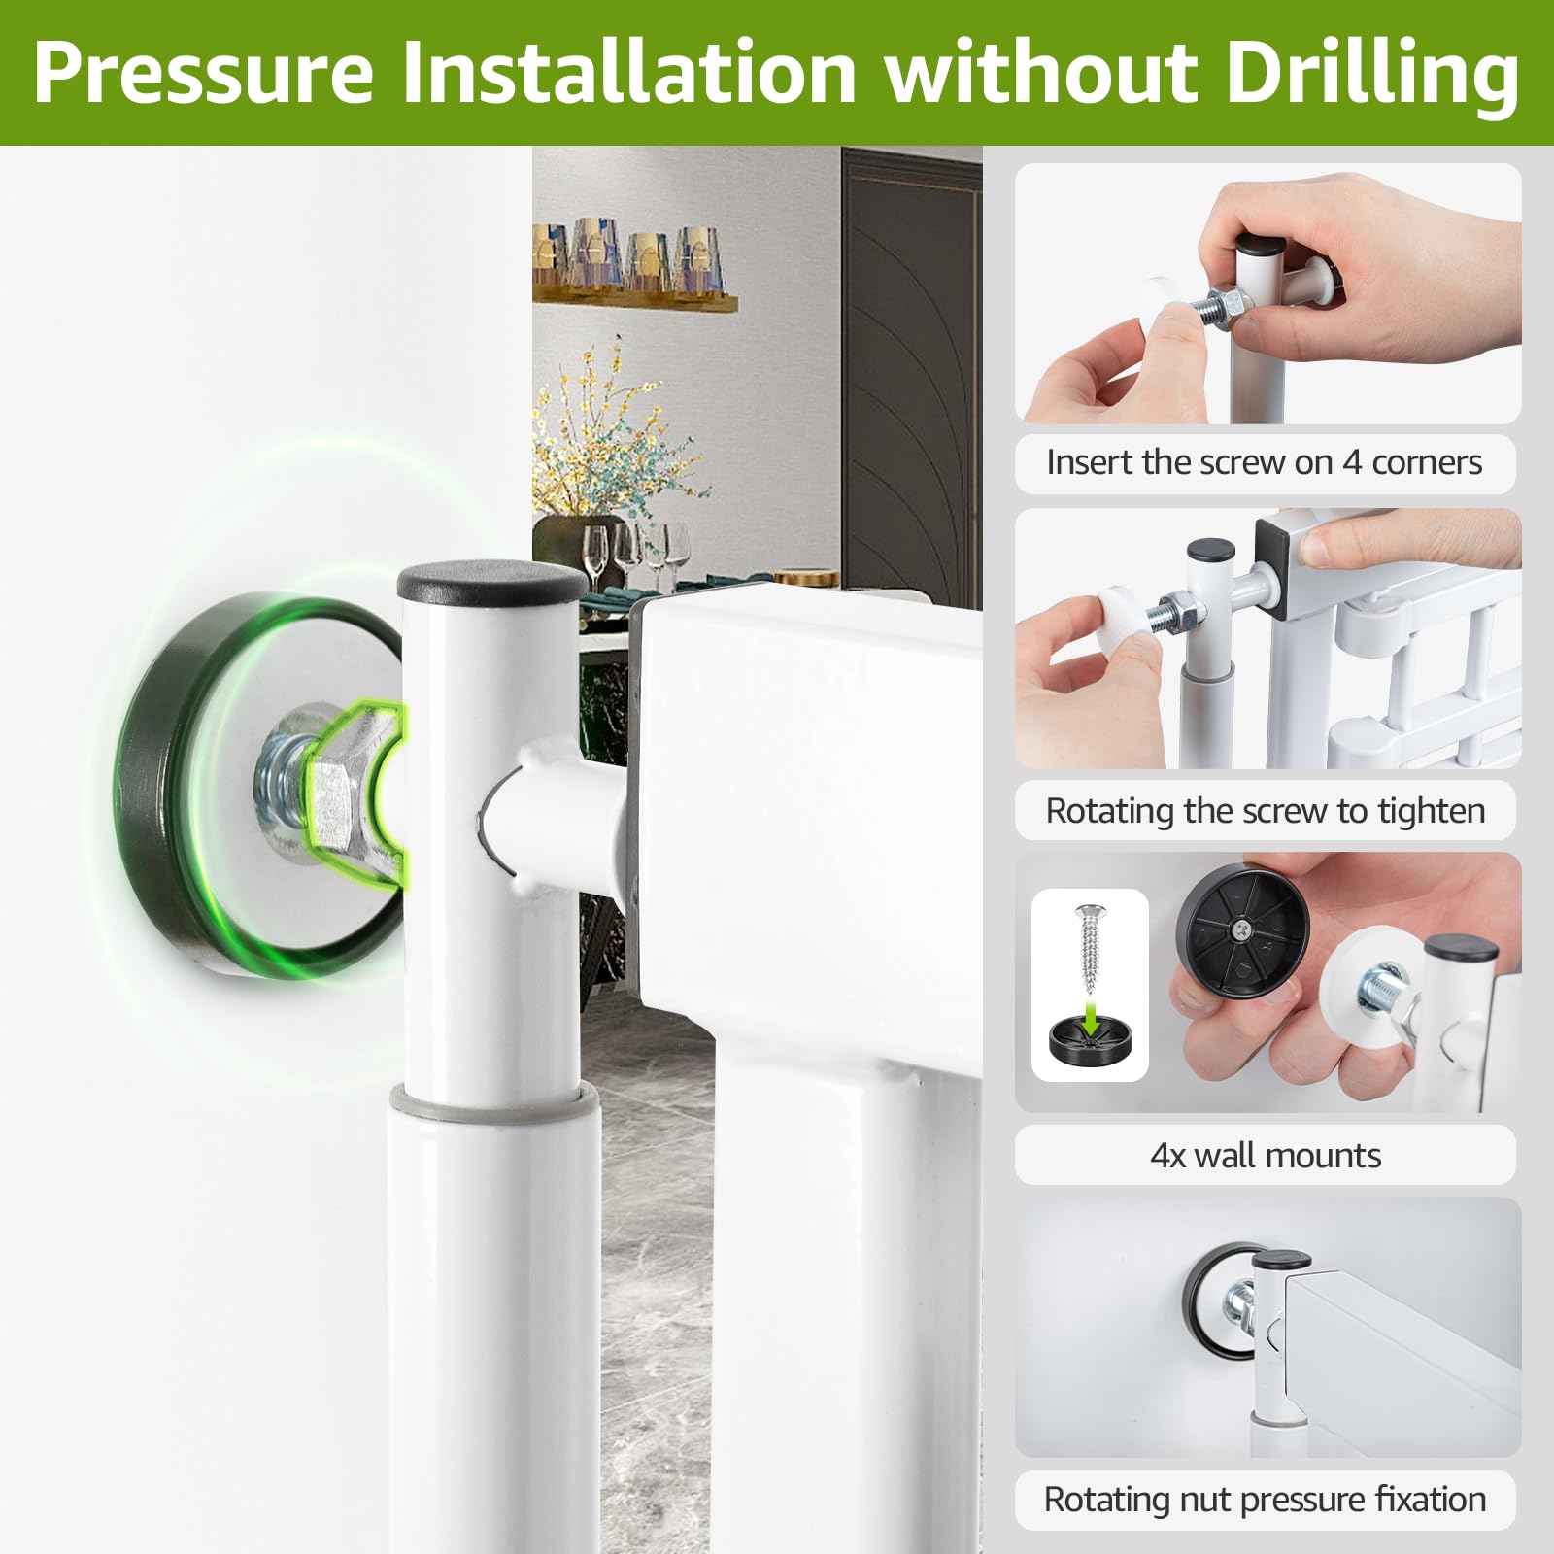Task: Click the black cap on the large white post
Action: tap(492, 580)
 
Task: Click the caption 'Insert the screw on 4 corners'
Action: tap(1265, 462)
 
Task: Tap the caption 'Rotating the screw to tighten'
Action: tap(1266, 810)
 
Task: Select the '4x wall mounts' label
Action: tap(1266, 1155)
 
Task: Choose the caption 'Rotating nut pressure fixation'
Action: tap(1265, 1500)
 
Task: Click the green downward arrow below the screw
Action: tap(1090, 1018)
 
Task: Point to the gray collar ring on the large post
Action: tap(494, 1101)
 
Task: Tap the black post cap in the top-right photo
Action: tap(1260, 244)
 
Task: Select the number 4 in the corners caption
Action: tap(1352, 462)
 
